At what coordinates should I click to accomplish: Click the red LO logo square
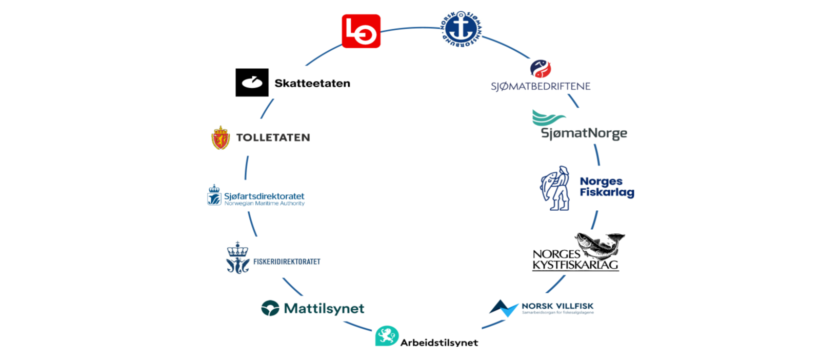point(361,31)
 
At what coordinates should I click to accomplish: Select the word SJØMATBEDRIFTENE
point(541,86)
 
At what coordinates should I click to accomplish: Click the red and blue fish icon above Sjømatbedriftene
point(540,68)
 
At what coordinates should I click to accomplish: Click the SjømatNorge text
point(584,133)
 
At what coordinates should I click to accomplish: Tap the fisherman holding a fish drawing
point(555,188)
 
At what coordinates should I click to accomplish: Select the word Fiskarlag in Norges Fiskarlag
point(607,193)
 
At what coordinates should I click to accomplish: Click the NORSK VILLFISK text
point(557,306)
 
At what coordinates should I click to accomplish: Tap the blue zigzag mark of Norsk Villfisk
point(504,308)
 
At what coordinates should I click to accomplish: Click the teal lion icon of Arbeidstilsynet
point(387,336)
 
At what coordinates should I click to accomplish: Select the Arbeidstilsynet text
point(439,343)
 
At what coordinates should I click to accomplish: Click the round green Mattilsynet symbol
point(270,308)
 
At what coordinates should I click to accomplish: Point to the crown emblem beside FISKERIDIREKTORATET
point(237,258)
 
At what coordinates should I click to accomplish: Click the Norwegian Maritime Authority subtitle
point(264,204)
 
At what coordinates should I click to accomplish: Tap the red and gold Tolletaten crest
point(221,137)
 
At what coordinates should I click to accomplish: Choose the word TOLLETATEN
point(273,137)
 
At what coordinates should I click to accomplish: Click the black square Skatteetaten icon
point(252,83)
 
